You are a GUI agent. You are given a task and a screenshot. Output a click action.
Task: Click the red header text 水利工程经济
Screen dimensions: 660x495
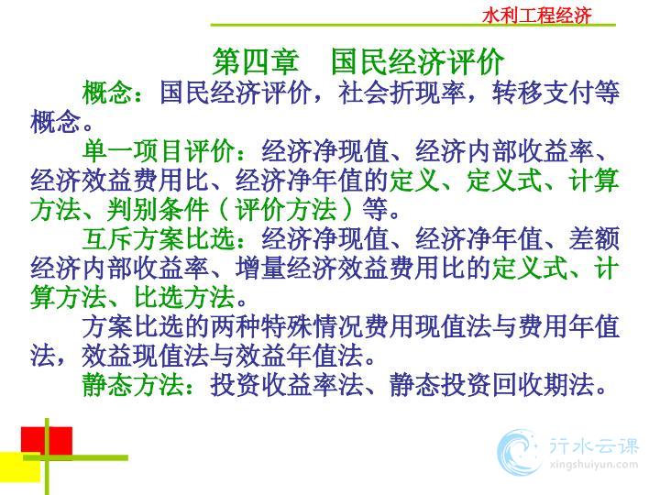536,16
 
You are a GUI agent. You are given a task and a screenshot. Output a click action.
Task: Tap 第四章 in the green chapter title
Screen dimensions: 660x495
256,62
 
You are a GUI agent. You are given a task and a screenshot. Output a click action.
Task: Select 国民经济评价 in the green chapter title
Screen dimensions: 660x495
417,62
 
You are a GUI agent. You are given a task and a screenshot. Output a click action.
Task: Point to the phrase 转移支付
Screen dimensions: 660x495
543,93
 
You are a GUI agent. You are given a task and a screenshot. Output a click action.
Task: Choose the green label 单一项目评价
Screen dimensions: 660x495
159,150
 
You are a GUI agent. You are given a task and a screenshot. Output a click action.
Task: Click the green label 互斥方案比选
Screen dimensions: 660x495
159,238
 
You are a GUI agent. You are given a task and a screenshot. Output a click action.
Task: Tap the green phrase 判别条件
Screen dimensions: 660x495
159,209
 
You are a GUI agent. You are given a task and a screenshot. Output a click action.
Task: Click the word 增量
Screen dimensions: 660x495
260,268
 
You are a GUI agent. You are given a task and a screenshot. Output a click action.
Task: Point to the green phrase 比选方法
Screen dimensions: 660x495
184,297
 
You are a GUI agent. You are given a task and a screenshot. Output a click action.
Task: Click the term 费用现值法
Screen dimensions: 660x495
427,326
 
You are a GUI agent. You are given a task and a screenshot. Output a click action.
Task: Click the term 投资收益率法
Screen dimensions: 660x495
286,385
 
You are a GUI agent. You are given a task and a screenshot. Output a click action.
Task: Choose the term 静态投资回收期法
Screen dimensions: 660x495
491,385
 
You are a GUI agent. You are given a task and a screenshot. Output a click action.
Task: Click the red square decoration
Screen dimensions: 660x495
47,441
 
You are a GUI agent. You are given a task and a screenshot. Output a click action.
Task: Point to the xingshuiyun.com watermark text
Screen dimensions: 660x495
593,465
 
